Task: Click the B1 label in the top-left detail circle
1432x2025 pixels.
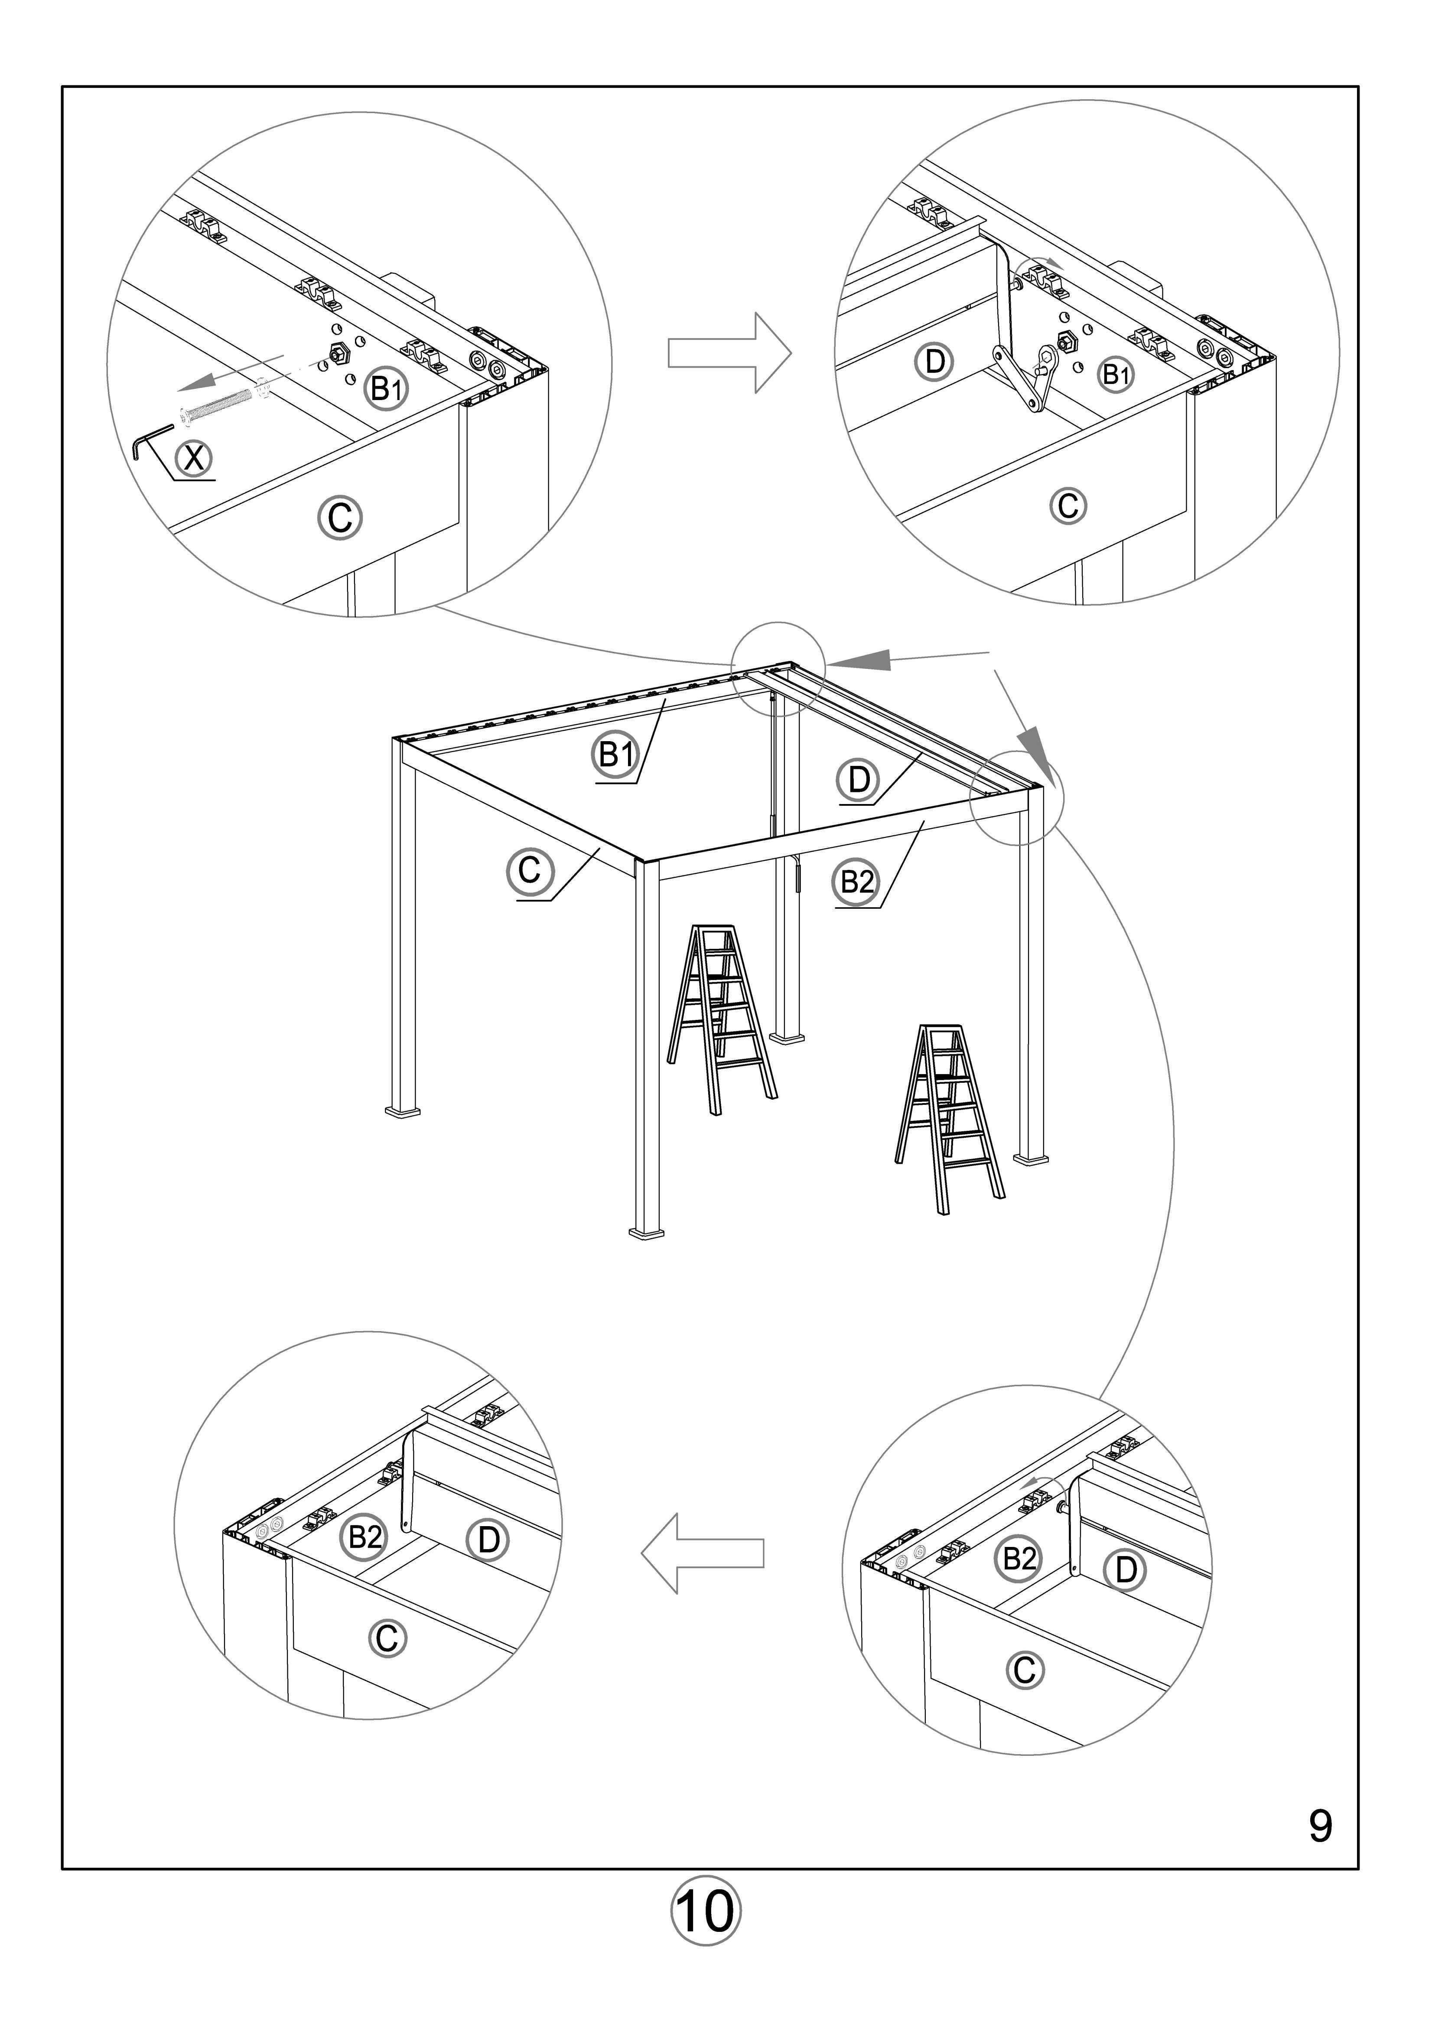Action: coord(387,387)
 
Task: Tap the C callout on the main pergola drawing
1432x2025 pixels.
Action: coord(530,870)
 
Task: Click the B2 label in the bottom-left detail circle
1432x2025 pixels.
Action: coord(364,1537)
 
